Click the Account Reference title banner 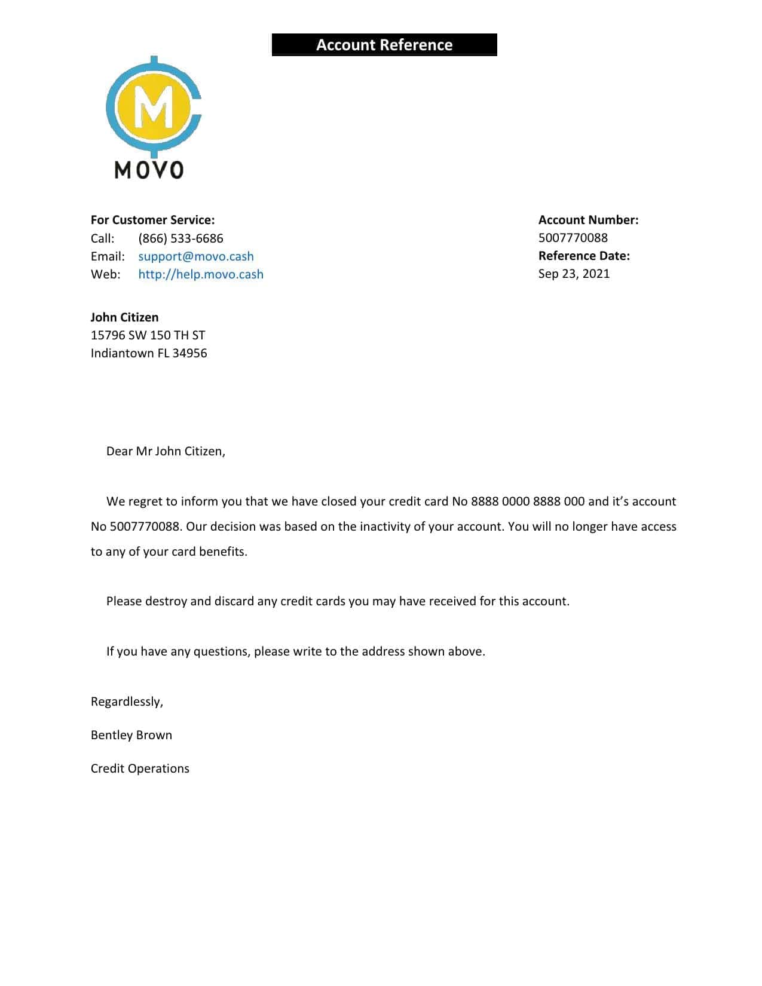[x=384, y=45]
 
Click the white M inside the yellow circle [x=154, y=108]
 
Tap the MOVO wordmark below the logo [x=149, y=170]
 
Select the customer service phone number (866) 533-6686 [x=180, y=238]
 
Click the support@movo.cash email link [x=196, y=256]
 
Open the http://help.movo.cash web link [x=201, y=274]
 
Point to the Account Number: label [x=588, y=220]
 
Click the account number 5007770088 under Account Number [x=573, y=238]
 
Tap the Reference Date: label [x=584, y=256]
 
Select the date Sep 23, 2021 [x=574, y=274]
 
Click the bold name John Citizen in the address [x=124, y=317]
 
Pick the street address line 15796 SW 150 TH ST [x=148, y=335]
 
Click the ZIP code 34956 [x=189, y=353]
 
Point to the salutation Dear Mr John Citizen [x=166, y=451]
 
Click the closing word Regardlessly [x=127, y=702]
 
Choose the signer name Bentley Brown [x=131, y=735]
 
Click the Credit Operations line [x=140, y=768]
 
